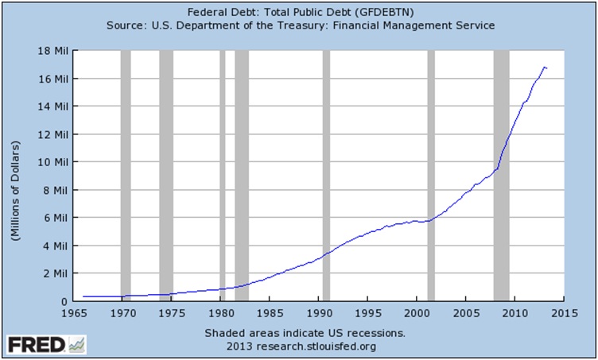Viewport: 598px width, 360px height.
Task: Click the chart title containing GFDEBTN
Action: click(x=299, y=12)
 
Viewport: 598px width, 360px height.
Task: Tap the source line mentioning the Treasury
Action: click(x=299, y=25)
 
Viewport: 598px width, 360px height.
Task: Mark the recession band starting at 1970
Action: click(x=125, y=175)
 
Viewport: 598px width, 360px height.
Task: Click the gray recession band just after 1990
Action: click(x=326, y=175)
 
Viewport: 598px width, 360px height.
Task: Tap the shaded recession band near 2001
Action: click(x=431, y=175)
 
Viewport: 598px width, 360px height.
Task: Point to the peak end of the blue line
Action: click(x=545, y=68)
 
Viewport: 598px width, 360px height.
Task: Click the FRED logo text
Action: click(x=37, y=345)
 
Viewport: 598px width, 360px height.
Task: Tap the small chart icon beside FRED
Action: click(x=77, y=345)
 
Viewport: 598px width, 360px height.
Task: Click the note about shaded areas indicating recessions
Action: click(x=305, y=332)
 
